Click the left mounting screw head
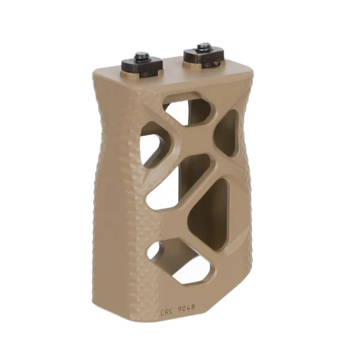[142, 56]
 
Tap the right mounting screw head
[204, 48]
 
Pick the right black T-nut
[203, 58]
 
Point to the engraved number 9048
[187, 308]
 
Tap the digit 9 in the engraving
[181, 309]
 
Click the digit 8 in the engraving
[193, 307]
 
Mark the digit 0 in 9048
[185, 308]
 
